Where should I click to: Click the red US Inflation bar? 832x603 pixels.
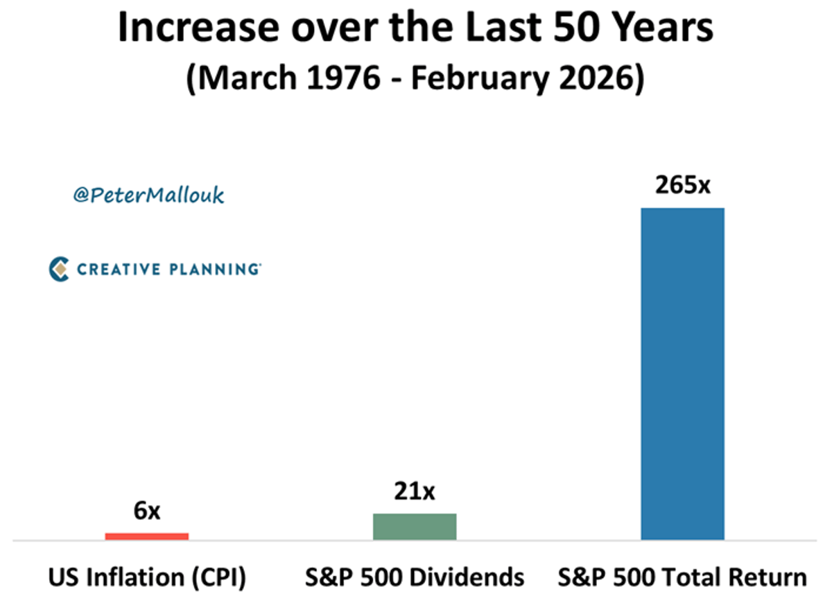146,536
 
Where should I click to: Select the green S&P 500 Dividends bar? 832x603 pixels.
415,526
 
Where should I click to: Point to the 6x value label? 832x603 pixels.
146,512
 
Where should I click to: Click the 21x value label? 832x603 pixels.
415,492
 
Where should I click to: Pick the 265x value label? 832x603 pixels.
682,186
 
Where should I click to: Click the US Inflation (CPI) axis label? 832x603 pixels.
147,577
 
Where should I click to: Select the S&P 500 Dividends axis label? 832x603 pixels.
415,577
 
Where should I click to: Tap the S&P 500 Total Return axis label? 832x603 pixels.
682,577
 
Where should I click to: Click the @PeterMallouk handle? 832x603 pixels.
148,195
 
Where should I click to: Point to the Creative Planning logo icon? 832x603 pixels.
60,269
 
